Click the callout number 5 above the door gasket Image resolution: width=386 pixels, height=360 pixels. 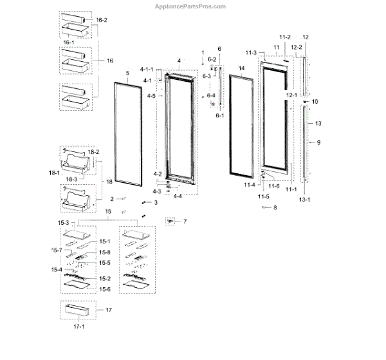[128, 74]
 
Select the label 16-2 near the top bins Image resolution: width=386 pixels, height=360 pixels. [102, 21]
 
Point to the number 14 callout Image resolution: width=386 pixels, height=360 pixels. [241, 68]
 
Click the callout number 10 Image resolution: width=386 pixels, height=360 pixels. [315, 102]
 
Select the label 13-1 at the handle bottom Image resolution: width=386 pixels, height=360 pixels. [306, 200]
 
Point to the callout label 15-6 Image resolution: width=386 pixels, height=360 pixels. [104, 290]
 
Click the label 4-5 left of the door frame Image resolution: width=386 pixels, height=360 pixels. [151, 96]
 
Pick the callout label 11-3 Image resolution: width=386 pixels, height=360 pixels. [251, 52]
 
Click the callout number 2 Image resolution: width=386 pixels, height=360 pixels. [111, 200]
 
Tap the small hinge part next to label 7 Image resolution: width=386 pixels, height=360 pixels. [170, 221]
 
